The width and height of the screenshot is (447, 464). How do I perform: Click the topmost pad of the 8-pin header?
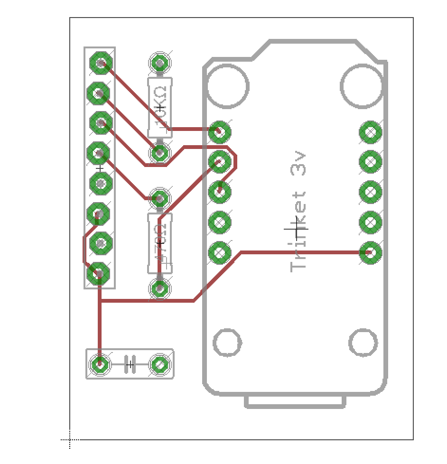point(101,63)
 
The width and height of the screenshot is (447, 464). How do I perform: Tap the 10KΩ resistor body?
point(160,108)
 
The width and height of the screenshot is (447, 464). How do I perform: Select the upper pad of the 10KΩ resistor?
point(160,63)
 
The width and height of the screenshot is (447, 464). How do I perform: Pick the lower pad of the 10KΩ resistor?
point(159,153)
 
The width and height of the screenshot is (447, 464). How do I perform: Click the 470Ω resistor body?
point(160,243)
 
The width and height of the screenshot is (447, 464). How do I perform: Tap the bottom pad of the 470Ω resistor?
point(160,288)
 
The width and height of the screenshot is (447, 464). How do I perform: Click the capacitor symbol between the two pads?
point(130,365)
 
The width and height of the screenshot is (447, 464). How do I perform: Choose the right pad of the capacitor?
point(160,365)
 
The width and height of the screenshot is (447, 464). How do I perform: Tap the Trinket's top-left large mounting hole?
point(228,87)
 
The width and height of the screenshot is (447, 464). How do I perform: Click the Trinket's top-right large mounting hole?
point(362,87)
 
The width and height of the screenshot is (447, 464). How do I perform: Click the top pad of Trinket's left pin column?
point(220,132)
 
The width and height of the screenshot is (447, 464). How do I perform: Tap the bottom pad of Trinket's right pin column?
point(371,252)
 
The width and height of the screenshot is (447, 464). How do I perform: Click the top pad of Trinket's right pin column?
point(371,132)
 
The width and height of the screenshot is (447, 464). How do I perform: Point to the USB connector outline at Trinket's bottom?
point(295,402)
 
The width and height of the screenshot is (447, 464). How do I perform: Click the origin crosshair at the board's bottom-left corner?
point(70,440)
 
